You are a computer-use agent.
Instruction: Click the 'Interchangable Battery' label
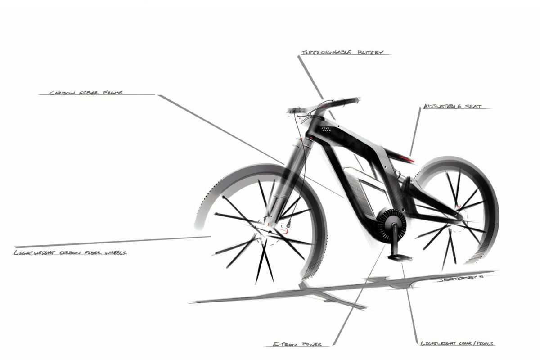tap(342, 52)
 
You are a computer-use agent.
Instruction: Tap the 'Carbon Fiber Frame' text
tap(86, 93)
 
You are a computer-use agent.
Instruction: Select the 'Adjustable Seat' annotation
tap(453, 106)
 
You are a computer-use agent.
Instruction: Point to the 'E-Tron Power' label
tap(297, 344)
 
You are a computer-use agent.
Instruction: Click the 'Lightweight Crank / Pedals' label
tap(457, 343)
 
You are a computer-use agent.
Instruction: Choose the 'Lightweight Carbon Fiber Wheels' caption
tap(70, 253)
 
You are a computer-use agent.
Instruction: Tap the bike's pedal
tap(400, 257)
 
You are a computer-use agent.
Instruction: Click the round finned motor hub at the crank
tap(391, 223)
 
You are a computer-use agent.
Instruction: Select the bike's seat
tap(398, 156)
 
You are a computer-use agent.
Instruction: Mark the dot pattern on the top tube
tap(325, 130)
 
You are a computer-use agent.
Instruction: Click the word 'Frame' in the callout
tap(113, 93)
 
